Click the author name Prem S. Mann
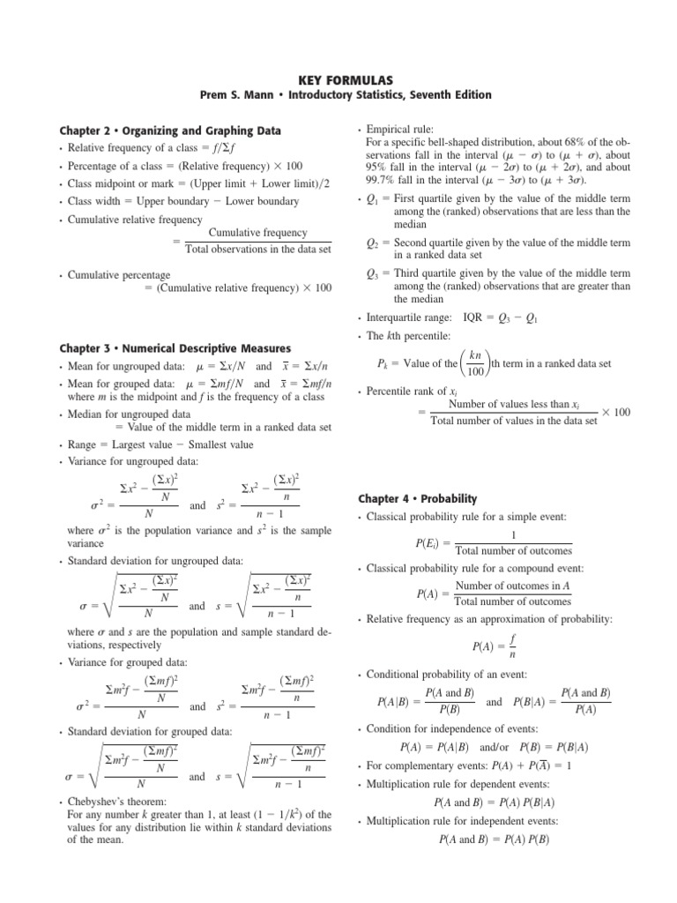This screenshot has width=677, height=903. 249,93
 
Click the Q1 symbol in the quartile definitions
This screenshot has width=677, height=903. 374,199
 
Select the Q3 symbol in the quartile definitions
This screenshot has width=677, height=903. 374,273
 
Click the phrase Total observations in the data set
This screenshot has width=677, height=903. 257,250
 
